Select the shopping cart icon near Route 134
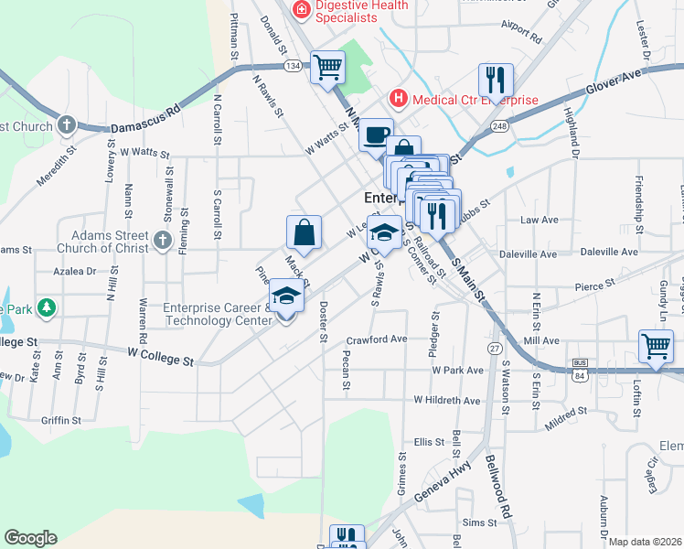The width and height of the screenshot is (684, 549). coord(327,66)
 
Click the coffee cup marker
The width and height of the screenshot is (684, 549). coord(375,135)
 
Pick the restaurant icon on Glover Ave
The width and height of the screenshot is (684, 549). coord(496,79)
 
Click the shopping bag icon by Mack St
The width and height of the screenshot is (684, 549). coord(304,232)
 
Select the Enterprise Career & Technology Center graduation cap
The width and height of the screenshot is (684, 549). coord(286,296)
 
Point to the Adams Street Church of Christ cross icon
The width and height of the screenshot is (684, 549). coord(162,242)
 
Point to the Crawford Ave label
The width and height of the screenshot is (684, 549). coord(376,339)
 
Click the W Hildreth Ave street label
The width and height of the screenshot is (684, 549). coord(447,400)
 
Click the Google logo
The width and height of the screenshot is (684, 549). coord(30,538)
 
